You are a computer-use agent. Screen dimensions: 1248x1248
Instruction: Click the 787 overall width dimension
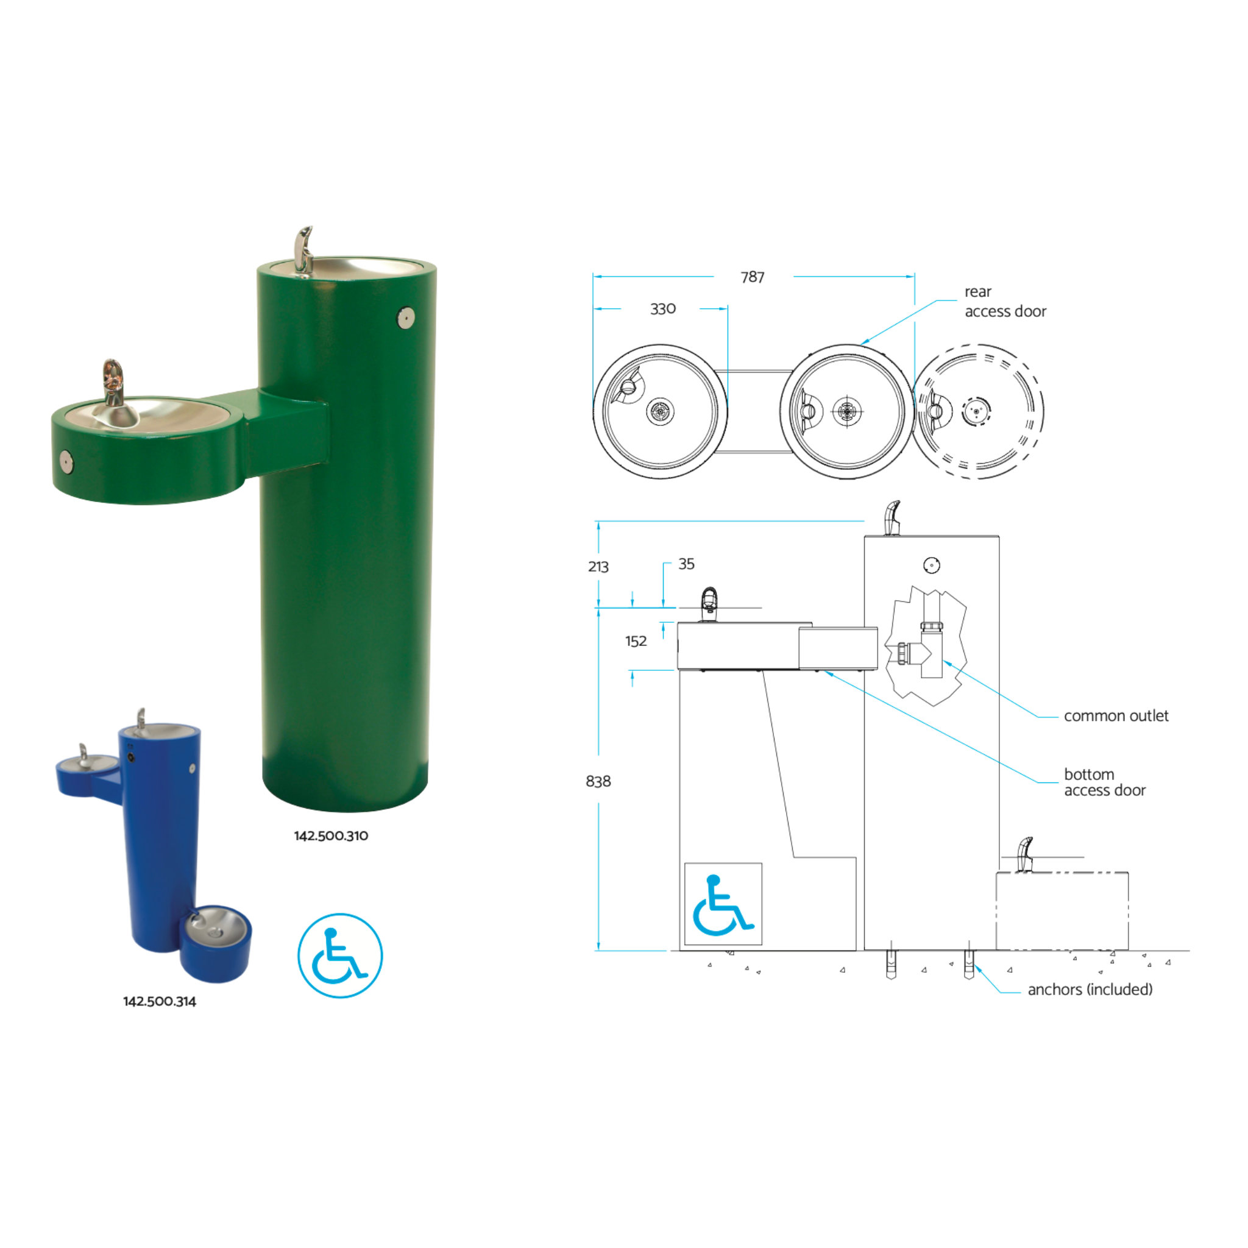tap(753, 277)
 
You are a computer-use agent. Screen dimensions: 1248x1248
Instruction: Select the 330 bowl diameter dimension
tap(663, 309)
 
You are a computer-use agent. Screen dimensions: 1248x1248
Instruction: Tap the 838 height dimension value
tap(598, 781)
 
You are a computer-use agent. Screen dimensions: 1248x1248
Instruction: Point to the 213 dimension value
tap(598, 567)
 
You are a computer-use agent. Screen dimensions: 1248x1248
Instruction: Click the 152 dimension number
tap(636, 641)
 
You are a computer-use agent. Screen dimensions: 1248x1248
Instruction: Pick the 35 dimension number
tap(686, 564)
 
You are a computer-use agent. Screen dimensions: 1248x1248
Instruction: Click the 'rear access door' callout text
tap(1004, 302)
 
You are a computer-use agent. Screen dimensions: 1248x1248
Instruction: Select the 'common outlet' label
tap(1116, 716)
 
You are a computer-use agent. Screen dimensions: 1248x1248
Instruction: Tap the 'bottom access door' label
tap(1104, 782)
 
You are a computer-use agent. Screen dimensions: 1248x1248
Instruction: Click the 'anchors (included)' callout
tap(1090, 989)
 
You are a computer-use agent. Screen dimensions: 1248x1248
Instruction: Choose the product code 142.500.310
tap(331, 835)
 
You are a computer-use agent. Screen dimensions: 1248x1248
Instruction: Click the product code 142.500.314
tap(160, 1001)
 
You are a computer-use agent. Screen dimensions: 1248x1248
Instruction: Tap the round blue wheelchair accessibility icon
tap(340, 955)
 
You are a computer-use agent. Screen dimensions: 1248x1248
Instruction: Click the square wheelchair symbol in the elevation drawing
tap(723, 904)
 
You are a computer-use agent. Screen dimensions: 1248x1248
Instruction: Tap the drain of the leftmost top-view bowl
tap(660, 411)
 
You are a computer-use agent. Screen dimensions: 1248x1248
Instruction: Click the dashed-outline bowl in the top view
tap(977, 411)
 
